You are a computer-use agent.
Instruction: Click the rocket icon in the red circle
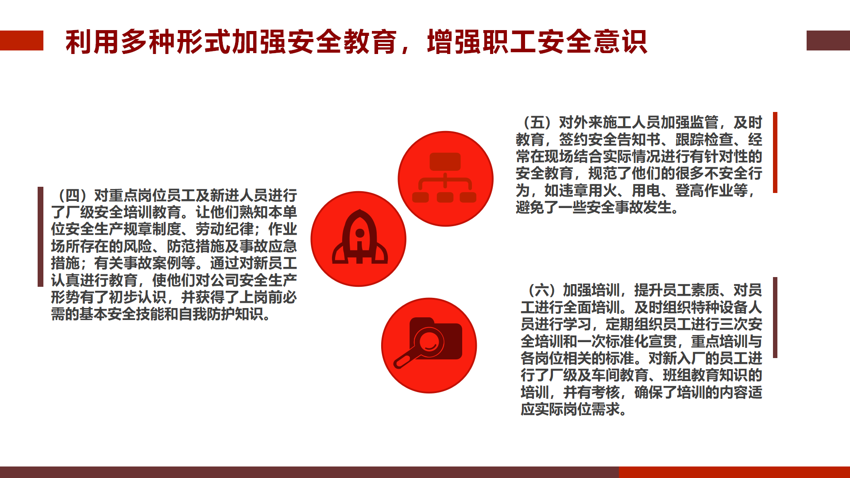359,237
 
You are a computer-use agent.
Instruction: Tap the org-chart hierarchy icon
444,177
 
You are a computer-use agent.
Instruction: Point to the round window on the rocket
360,233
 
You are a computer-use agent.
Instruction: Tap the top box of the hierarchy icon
445,162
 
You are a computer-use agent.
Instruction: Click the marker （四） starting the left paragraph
73,195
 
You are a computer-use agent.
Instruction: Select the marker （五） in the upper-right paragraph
537,122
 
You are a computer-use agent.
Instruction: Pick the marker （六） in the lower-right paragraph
542,290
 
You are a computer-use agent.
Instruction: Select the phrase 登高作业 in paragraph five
704,190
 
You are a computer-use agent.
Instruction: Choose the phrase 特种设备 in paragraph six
718,307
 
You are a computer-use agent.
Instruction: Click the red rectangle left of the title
22,40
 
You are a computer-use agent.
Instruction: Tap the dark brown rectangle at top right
828,40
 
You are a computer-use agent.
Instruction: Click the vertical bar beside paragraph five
775,152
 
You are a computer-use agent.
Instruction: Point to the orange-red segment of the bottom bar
734,472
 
